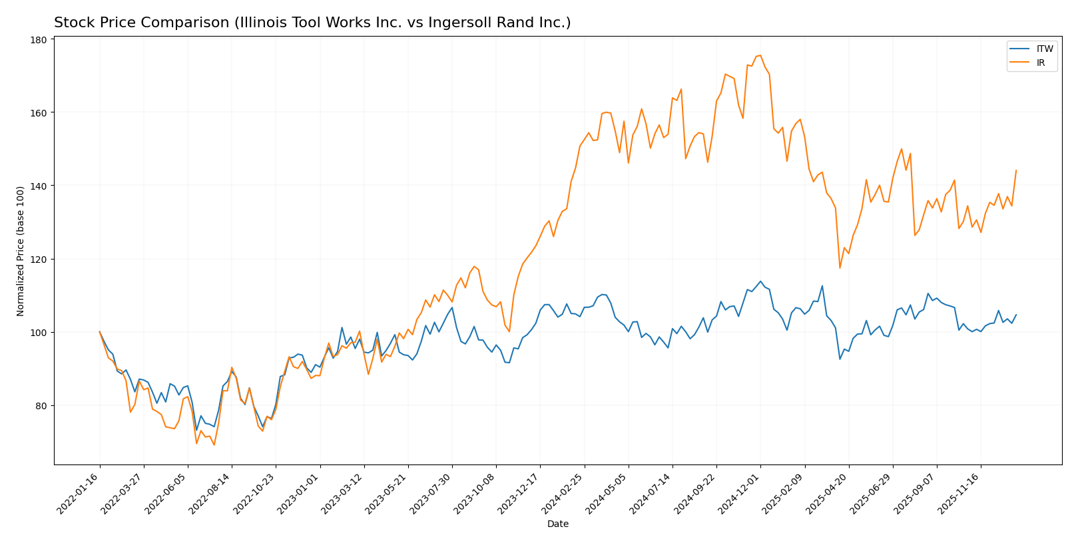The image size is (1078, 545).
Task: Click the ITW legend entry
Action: pyautogui.click(x=1045, y=49)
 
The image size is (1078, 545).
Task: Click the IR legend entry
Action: pyautogui.click(x=1041, y=63)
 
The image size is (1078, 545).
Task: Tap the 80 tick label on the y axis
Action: pyautogui.click(x=41, y=405)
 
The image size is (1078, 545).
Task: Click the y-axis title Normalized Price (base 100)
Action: pyautogui.click(x=21, y=251)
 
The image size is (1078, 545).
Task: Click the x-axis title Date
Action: pyautogui.click(x=557, y=524)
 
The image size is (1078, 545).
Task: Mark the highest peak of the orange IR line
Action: pyautogui.click(x=760, y=55)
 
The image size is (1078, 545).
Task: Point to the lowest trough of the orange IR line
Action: pyautogui.click(x=214, y=445)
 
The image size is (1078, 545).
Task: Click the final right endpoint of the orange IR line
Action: pyautogui.click(x=1016, y=170)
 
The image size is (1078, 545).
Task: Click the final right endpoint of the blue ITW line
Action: pyautogui.click(x=1016, y=315)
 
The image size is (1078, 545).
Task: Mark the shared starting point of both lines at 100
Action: pyautogui.click(x=100, y=331)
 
